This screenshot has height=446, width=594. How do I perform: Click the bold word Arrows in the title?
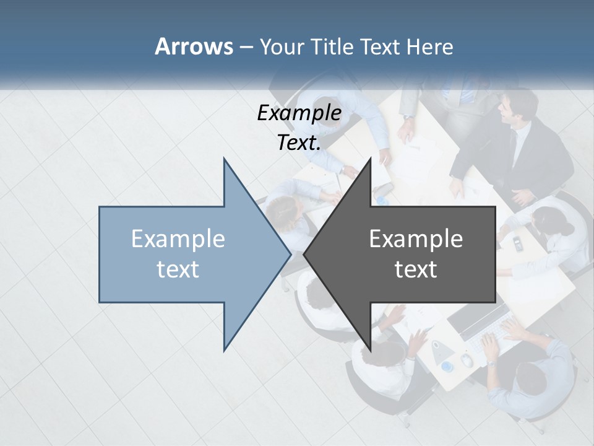tap(193, 47)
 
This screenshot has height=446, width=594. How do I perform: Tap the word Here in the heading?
tap(429, 47)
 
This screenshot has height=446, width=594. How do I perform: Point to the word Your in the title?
tap(282, 47)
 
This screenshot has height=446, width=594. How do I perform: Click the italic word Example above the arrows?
tap(299, 113)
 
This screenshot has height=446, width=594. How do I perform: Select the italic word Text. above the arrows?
tap(299, 143)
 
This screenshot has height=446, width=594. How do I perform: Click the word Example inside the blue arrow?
tap(178, 239)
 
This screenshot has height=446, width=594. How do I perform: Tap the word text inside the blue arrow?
tap(178, 269)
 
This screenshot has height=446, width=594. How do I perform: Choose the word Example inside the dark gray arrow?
tap(416, 239)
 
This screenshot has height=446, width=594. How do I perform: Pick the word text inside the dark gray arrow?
tap(416, 269)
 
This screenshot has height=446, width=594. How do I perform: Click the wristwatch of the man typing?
tap(490, 362)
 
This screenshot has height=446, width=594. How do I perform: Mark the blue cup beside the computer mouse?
tap(447, 367)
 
